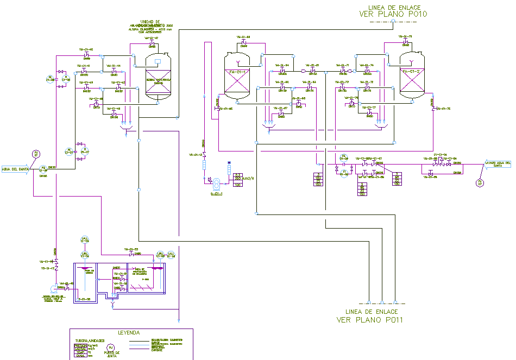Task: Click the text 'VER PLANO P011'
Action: [x=367, y=320]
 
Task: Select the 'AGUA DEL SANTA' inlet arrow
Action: [x=16, y=169]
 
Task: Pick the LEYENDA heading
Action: [x=129, y=332]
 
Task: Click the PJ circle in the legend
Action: [x=111, y=348]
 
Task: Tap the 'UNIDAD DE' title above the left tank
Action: [x=149, y=21]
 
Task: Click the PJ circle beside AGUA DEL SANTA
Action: [x=36, y=154]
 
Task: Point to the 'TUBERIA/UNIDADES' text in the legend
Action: [x=90, y=340]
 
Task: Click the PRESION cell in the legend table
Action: [x=81, y=345]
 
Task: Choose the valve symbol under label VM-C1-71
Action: [x=344, y=71]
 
